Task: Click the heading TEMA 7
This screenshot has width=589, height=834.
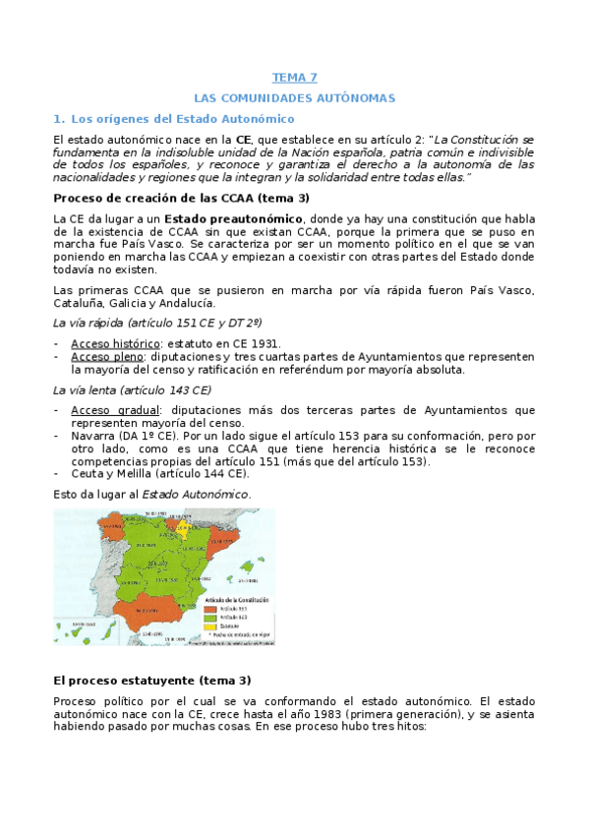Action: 294,77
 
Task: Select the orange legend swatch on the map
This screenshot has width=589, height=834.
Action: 208,607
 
